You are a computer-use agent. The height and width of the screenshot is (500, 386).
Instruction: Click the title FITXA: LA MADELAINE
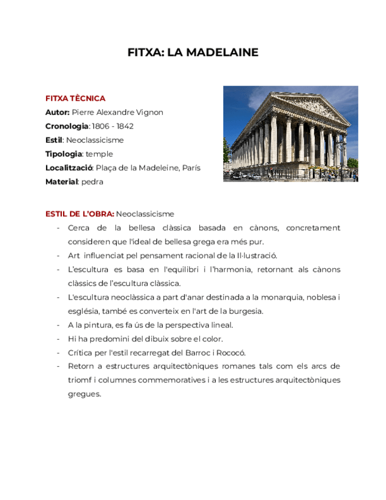(x=193, y=52)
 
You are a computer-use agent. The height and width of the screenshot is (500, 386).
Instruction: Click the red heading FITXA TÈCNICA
(x=75, y=98)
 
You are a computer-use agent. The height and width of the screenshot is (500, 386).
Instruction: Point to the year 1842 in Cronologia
(x=124, y=126)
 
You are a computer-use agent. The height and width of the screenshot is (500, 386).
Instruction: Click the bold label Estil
(x=54, y=140)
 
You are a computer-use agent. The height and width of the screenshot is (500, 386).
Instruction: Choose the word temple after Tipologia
(x=99, y=154)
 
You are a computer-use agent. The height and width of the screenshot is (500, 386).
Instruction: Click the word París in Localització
(x=191, y=168)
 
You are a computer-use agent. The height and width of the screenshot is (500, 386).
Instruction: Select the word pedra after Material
(x=91, y=182)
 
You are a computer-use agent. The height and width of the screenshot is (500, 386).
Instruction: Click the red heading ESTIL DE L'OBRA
(x=80, y=213)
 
